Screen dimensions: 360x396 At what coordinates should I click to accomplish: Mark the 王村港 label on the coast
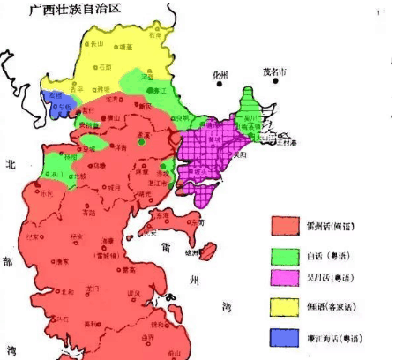(x=288, y=142)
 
